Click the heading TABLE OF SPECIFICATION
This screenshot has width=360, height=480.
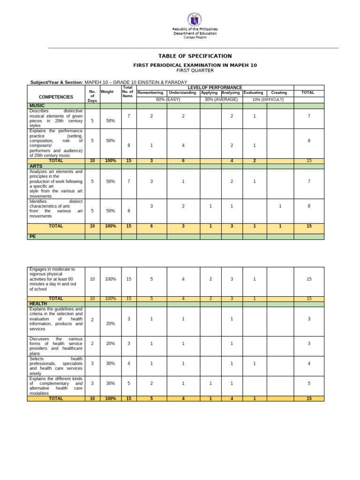click(x=195, y=56)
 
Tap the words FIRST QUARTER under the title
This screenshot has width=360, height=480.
click(x=195, y=71)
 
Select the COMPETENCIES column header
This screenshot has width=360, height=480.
click(x=56, y=97)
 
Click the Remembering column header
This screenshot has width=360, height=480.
click(x=151, y=93)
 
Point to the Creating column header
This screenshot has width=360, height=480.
click(x=279, y=93)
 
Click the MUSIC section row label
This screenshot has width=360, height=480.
click(x=37, y=106)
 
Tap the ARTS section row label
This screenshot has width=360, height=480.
click(x=36, y=166)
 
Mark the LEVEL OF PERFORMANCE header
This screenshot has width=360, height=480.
click(x=215, y=88)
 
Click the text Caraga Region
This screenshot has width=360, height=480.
click(x=195, y=37)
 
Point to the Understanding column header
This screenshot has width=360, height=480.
click(x=183, y=93)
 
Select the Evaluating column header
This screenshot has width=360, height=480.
click(x=253, y=93)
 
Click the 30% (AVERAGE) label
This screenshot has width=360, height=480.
click(x=221, y=99)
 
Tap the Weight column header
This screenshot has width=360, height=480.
click(x=107, y=92)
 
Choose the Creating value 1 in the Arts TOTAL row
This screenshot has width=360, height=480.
click(x=280, y=226)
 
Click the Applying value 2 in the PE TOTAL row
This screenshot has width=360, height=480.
click(x=210, y=299)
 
